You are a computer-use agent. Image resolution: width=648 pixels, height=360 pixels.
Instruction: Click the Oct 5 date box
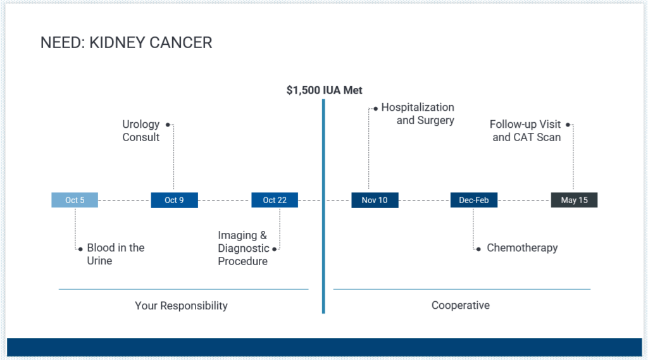click(75, 200)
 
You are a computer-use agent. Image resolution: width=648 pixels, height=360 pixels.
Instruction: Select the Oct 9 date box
click(175, 200)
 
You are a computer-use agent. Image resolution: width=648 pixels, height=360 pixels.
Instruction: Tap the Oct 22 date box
click(275, 200)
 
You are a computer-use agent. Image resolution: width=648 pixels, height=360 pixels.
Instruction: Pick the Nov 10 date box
click(375, 200)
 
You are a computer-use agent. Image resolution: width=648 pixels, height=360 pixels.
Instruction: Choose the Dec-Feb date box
click(474, 200)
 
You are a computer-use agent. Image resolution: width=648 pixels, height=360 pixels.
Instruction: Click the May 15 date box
click(574, 200)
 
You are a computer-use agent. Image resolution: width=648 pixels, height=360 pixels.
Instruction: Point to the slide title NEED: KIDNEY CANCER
click(126, 42)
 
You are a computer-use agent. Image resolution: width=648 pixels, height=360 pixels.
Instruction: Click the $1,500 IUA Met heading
click(325, 90)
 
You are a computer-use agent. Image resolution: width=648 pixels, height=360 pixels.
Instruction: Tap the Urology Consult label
click(141, 130)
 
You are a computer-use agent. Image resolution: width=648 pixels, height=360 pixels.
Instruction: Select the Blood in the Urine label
click(116, 254)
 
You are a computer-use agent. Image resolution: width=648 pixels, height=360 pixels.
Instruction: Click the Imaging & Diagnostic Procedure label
click(244, 248)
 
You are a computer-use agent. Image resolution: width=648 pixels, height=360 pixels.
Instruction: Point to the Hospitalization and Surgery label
click(418, 114)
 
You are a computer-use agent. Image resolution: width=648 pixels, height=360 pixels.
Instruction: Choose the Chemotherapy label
click(522, 247)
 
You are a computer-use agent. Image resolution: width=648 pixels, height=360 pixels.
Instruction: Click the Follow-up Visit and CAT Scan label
click(525, 130)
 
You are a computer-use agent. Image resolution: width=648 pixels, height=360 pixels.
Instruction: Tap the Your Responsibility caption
click(181, 306)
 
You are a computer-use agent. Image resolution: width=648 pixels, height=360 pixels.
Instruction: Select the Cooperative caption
click(461, 305)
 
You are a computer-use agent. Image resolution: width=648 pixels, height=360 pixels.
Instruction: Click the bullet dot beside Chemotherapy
click(478, 249)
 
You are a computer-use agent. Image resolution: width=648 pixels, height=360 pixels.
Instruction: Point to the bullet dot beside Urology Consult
click(168, 125)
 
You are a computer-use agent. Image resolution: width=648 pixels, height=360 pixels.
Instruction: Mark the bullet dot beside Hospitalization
click(375, 109)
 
